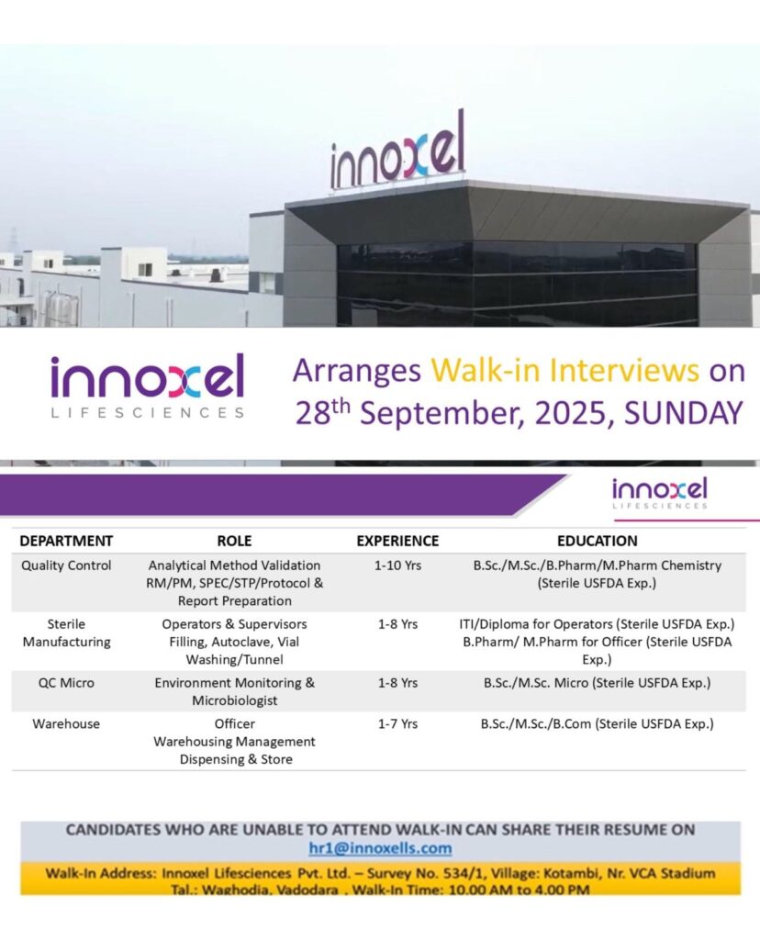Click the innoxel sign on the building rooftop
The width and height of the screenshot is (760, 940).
397,153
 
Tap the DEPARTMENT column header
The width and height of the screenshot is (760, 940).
66,541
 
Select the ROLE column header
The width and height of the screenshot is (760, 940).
234,541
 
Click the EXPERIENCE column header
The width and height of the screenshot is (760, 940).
397,541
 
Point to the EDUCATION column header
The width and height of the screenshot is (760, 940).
597,541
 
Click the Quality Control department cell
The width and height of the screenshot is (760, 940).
66,565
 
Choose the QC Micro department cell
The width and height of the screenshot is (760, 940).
66,683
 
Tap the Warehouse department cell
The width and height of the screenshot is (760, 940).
66,723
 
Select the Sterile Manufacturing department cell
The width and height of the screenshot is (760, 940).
66,632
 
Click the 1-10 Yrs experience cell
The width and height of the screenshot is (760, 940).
397,565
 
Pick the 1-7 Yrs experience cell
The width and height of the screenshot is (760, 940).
397,723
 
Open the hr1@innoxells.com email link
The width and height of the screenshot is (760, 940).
380,848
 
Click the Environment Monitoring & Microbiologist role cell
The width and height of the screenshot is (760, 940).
234,691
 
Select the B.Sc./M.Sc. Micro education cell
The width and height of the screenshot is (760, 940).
597,683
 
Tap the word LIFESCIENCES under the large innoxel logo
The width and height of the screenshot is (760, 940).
148,413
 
